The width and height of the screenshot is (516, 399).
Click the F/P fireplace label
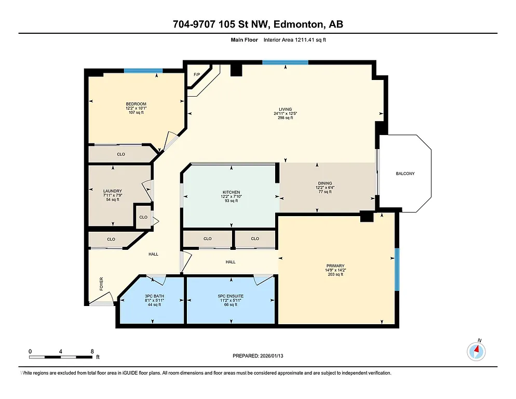coord(197,75)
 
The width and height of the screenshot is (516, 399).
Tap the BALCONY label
coord(405,174)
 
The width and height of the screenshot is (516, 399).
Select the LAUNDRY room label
coord(113,191)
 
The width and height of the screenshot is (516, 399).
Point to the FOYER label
coord(102,283)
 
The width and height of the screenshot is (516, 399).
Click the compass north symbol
coord(476,351)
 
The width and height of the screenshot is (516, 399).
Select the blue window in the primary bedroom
coord(397,269)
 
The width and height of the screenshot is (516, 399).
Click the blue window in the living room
coord(285,62)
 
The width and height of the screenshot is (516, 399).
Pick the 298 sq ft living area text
coord(285,118)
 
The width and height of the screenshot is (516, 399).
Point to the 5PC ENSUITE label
coord(230,296)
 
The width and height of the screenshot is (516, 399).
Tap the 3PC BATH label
coord(153,296)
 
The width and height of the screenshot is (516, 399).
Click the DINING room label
coord(325,183)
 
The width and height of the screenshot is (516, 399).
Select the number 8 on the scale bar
coord(92,352)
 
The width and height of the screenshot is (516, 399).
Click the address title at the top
coord(257,24)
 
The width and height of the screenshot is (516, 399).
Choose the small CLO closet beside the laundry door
coord(143,217)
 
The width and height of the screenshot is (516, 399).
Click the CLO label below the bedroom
coord(120,154)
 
